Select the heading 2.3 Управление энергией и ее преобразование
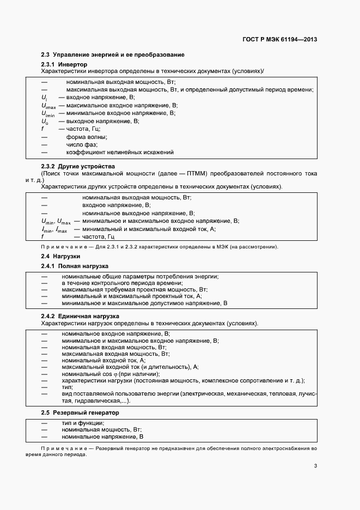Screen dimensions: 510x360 point(113,55)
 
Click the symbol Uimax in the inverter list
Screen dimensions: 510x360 point(48,106)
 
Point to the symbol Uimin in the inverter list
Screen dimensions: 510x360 point(48,114)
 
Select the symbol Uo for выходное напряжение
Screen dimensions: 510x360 point(45,121)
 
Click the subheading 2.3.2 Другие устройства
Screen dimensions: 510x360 point(78,166)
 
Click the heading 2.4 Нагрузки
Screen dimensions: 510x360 point(61,256)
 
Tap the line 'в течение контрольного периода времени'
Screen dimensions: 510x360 point(121,283)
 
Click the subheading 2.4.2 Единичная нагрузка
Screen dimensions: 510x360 point(80,316)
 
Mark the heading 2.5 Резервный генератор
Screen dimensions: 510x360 point(80,412)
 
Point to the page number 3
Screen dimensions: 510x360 point(315,465)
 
